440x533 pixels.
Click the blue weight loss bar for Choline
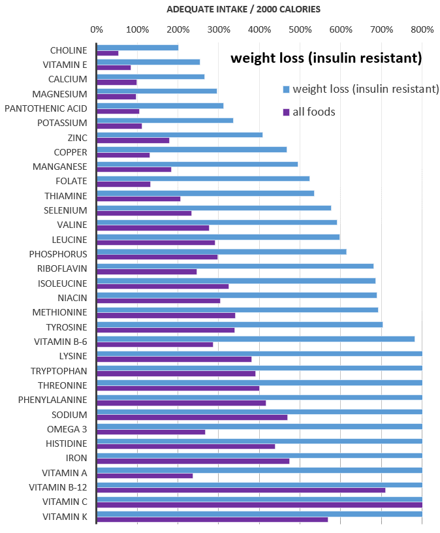137,48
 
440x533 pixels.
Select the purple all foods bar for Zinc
133,140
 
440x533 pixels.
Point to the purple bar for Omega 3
151,432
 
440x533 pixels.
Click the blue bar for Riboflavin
235,266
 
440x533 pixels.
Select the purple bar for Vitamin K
212,519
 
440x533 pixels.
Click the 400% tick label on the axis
259,29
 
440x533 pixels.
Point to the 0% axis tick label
97,29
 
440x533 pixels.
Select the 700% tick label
381,29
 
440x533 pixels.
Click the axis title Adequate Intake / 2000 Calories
244,9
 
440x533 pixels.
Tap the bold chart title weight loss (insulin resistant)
326,58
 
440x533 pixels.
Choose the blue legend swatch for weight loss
286,89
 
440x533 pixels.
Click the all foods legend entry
313,112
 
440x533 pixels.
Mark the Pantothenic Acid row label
46,108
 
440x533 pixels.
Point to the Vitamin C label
65,502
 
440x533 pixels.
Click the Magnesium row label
59,94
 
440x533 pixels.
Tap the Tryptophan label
59,370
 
